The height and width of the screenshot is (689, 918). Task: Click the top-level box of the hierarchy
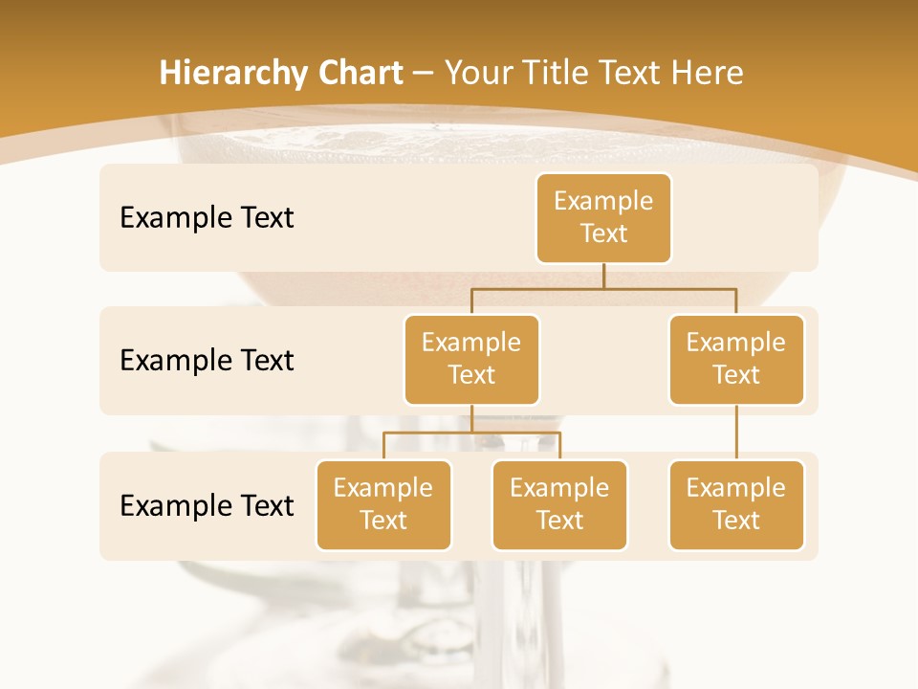(603, 217)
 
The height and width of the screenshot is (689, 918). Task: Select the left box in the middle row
(471, 359)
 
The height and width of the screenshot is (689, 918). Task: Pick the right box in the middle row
(736, 359)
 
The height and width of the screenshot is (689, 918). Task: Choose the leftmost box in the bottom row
(383, 504)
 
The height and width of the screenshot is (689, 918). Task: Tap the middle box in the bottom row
(559, 504)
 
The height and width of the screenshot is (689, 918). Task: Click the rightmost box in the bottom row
(736, 504)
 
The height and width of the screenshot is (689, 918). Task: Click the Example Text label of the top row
(207, 218)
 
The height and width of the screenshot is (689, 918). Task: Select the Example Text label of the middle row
(207, 361)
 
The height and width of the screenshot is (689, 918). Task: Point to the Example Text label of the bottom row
(207, 505)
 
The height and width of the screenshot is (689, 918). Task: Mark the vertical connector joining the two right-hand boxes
(736, 433)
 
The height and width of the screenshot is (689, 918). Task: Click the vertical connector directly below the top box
(603, 275)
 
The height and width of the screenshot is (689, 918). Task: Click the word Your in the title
(474, 74)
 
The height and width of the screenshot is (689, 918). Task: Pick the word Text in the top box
(603, 233)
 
